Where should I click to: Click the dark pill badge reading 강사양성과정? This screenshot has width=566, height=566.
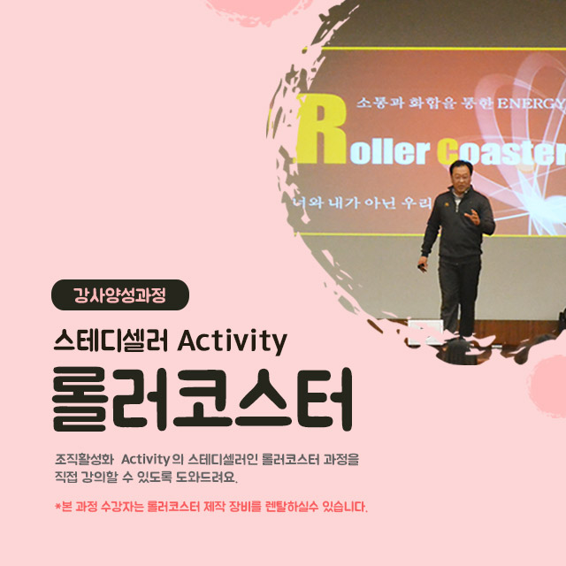(120, 294)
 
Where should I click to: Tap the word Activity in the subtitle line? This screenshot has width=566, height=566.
(232, 341)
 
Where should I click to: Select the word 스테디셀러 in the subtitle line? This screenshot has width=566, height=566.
(111, 340)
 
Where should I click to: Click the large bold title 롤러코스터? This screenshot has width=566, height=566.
(203, 399)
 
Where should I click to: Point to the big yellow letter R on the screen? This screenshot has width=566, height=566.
(322, 129)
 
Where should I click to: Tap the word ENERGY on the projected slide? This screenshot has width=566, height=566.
(530, 104)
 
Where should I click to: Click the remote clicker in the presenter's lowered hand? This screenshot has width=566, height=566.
(422, 267)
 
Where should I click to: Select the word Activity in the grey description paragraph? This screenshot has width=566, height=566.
(145, 460)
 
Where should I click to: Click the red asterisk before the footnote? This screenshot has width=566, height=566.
(57, 507)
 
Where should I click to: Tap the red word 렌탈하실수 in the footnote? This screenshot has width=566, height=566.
(292, 507)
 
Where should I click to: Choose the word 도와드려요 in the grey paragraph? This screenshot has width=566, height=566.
(206, 478)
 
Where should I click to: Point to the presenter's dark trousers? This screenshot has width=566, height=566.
(458, 294)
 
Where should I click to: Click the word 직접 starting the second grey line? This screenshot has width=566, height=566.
(65, 478)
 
